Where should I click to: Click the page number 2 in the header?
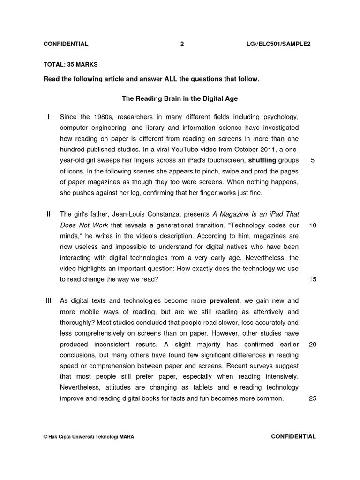click(182, 44)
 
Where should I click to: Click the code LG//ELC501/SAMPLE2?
click(278, 44)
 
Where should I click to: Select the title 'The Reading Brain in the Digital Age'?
click(180, 98)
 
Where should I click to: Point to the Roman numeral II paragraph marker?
click(48, 214)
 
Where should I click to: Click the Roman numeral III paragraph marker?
click(48, 300)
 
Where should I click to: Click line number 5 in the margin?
click(313, 160)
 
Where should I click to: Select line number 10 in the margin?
click(313, 225)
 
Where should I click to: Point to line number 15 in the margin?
click(313, 279)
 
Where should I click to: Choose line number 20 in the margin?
click(313, 344)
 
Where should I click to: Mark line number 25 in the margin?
click(313, 398)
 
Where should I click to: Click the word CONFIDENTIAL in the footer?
click(293, 436)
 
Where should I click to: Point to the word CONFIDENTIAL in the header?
click(66, 44)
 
